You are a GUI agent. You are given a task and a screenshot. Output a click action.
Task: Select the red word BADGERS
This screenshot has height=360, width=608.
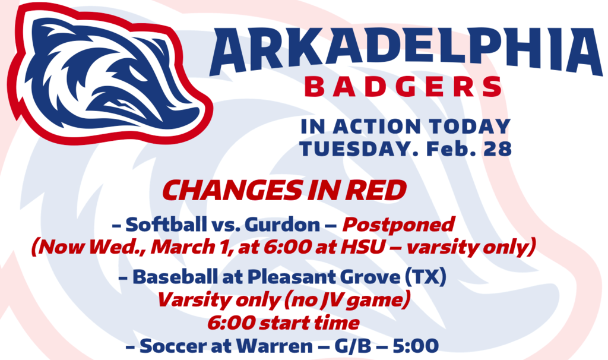[403, 87]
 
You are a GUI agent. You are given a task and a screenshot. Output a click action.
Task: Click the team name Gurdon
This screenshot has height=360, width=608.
[283, 225]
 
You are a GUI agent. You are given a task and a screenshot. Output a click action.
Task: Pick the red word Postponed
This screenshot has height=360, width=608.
[398, 225]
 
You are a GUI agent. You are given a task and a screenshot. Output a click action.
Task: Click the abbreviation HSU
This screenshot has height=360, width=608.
[362, 247]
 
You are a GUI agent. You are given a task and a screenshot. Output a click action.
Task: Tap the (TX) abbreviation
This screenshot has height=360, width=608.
[425, 277]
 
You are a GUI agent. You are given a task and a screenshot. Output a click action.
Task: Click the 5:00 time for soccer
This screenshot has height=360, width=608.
[416, 346]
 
